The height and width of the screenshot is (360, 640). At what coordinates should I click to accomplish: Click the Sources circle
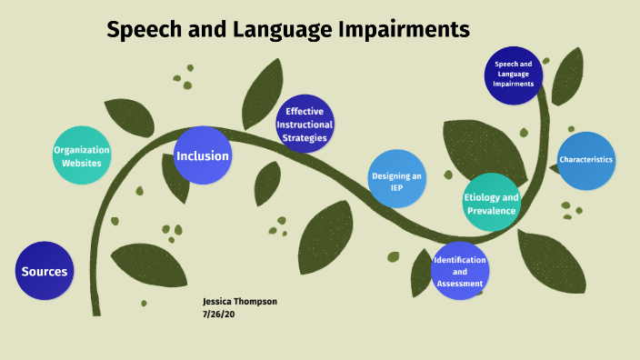(44, 272)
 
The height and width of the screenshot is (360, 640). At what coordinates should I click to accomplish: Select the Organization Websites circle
(82, 155)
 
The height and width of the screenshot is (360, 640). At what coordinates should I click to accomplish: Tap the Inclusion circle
(203, 155)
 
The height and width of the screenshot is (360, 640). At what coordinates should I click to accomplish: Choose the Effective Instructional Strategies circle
(305, 125)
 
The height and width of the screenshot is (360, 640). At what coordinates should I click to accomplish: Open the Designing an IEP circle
(397, 178)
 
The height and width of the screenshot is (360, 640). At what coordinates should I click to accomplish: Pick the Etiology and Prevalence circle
(492, 203)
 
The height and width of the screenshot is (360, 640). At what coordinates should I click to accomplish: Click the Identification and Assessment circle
(459, 272)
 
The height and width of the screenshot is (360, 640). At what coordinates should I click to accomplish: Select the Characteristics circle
(586, 161)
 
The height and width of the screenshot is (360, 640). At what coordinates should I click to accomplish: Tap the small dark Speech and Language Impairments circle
(514, 75)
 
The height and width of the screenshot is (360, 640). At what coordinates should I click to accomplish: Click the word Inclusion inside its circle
(203, 155)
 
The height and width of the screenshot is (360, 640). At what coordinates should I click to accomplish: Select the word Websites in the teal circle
(82, 163)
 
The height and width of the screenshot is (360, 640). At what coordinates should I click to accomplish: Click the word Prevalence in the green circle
(492, 211)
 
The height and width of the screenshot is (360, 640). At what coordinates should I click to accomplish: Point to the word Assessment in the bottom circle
(459, 283)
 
